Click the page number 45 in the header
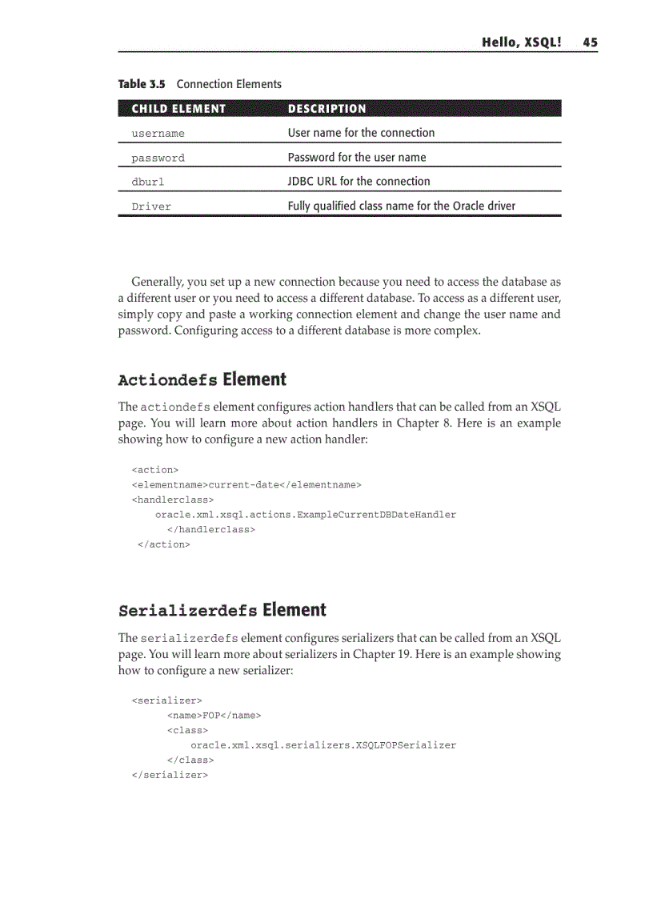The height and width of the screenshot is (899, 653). [x=590, y=42]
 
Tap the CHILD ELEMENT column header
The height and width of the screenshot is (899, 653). [x=178, y=109]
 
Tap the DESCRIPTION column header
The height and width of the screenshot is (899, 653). [x=326, y=109]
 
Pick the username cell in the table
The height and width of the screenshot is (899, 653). [x=158, y=134]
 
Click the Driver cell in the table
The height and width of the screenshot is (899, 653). [x=151, y=207]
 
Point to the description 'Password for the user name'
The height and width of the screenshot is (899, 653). [x=357, y=158]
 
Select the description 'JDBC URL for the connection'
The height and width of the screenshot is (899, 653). [x=359, y=182]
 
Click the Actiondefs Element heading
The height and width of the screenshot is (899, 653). [x=202, y=379]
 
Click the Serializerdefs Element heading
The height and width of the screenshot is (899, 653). [x=222, y=610]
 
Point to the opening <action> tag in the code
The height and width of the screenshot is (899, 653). [x=154, y=470]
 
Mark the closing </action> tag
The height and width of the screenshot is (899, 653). [x=164, y=544]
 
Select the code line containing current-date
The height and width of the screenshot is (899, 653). [x=246, y=484]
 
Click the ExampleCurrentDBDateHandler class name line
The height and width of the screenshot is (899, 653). [x=306, y=515]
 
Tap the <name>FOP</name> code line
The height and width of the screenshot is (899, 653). [x=214, y=715]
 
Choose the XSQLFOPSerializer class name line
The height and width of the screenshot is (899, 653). [x=323, y=745]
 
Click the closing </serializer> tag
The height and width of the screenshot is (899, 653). [x=170, y=775]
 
